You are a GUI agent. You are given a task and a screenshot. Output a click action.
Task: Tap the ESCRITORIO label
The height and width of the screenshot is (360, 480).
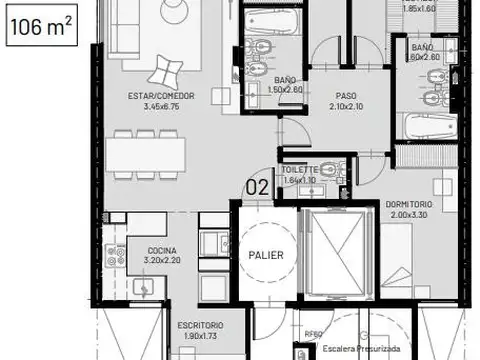coord(200,326)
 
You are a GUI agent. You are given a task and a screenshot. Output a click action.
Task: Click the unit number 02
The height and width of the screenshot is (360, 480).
coord(257,185)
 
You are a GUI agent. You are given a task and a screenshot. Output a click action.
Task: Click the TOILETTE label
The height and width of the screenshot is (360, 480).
coord(301,169)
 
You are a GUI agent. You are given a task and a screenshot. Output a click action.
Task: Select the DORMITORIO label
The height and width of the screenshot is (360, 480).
coord(408,204)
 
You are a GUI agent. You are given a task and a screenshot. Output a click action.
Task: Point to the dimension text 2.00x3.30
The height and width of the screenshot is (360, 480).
coord(408,214)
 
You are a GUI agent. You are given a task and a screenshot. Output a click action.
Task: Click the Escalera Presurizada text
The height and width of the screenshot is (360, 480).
coord(360,350)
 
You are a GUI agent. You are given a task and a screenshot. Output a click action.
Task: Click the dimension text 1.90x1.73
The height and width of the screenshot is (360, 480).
coord(200,336)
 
